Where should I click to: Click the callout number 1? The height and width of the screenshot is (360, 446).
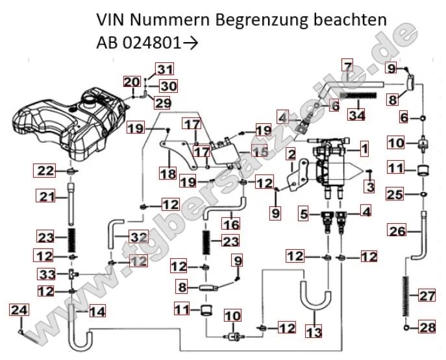365,149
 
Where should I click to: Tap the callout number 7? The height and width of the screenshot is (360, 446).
347,66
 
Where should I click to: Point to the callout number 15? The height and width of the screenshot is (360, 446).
260,151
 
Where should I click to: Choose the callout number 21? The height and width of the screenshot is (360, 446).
43,196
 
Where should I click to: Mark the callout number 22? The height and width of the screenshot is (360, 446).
43,171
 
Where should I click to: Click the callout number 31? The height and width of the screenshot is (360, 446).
165,69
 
